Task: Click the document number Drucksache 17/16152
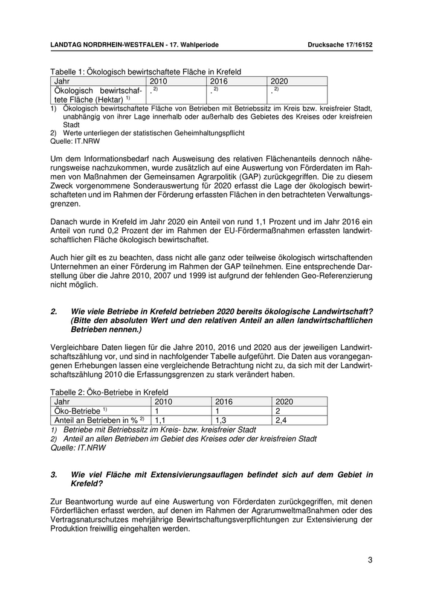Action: pyautogui.click(x=340, y=45)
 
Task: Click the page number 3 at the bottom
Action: pyautogui.click(x=370, y=560)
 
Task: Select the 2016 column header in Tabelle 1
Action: pyautogui.click(x=219, y=80)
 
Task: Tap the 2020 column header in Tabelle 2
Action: pyautogui.click(x=283, y=401)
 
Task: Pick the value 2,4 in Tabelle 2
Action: pyautogui.click(x=280, y=420)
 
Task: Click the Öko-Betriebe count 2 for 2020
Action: pyautogui.click(x=277, y=410)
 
